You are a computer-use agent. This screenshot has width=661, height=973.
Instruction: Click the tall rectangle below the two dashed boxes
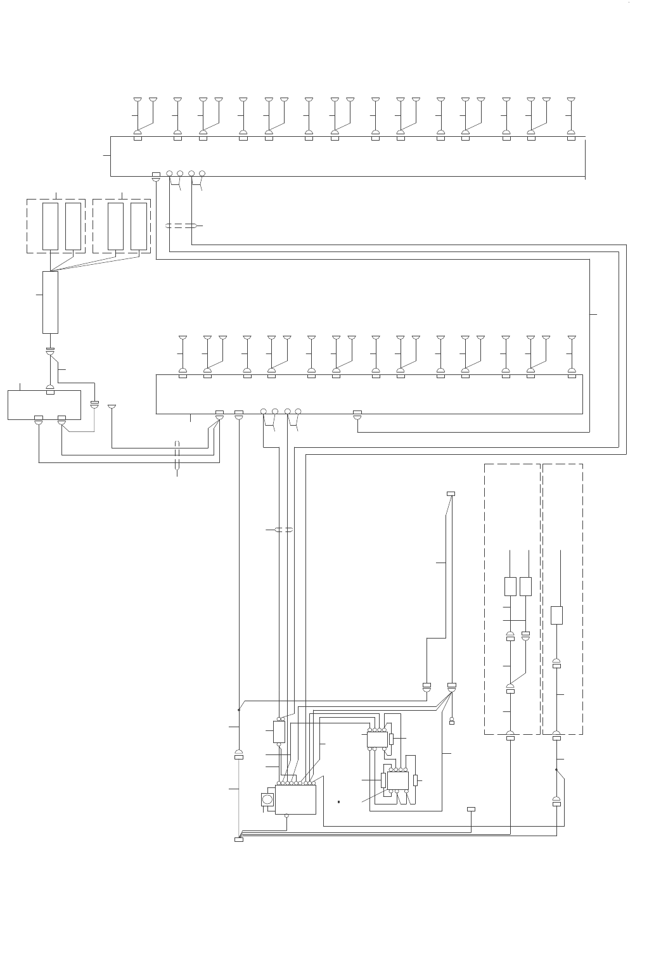tap(50, 302)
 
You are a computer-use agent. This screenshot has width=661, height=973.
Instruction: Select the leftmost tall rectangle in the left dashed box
tap(50, 226)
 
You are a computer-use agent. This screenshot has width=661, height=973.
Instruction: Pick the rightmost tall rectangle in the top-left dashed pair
tap(139, 226)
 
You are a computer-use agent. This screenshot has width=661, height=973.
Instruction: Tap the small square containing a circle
tap(268, 800)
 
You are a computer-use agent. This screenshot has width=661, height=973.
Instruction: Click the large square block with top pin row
tap(295, 800)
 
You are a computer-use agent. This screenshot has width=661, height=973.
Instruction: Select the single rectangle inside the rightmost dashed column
tap(556, 615)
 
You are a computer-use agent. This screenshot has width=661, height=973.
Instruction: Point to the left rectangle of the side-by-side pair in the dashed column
tap(510, 586)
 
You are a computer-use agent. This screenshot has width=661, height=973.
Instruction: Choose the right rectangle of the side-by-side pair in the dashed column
tap(525, 586)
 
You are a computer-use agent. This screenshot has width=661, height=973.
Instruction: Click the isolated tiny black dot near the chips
tap(339, 803)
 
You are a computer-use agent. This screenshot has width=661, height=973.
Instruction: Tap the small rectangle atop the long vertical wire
tap(451, 493)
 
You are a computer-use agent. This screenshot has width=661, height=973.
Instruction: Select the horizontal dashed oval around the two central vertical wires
tap(283, 530)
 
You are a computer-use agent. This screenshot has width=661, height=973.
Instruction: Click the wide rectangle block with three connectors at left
tap(44, 405)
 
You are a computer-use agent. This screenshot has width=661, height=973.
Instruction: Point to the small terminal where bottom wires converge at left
tap(239, 839)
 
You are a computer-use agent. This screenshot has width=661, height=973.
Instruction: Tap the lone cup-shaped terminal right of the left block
tap(112, 407)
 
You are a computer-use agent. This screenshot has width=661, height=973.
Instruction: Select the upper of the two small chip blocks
tap(377, 739)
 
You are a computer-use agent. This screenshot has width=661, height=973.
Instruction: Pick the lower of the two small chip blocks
tap(398, 780)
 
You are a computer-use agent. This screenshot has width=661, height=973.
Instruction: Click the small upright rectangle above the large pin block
tap(279, 732)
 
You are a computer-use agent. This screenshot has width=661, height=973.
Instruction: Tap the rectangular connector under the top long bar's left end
tap(156, 175)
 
